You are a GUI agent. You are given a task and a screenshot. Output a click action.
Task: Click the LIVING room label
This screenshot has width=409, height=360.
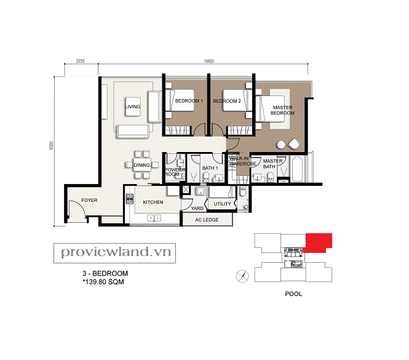click(x=132, y=106)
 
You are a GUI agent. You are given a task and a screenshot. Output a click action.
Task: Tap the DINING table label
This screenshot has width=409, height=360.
click(x=141, y=165)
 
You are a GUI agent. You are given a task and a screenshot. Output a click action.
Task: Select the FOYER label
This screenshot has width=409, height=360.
click(x=89, y=200)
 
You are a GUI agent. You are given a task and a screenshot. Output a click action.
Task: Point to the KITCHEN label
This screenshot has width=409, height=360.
click(x=153, y=202)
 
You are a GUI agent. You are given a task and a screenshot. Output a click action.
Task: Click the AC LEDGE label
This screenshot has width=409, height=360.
click(x=207, y=220)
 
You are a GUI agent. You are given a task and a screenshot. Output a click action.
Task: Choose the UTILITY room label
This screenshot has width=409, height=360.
click(x=222, y=204)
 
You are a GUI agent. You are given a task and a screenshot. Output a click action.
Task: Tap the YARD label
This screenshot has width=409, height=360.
click(x=197, y=208)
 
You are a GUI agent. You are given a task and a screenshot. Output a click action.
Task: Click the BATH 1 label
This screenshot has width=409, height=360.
click(x=210, y=168)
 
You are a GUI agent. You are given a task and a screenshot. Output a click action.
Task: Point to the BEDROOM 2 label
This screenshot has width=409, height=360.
click(x=227, y=101)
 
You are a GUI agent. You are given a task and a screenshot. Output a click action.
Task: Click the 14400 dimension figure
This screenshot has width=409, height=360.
click(x=209, y=61)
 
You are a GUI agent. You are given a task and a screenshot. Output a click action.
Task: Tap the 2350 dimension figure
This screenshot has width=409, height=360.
click(x=80, y=61)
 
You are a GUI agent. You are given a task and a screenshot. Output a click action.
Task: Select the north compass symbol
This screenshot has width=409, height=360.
click(x=242, y=276)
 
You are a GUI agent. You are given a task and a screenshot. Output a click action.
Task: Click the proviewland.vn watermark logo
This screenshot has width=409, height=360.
click(x=115, y=253)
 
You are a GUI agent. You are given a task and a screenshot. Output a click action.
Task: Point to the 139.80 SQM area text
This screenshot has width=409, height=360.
click(x=103, y=282)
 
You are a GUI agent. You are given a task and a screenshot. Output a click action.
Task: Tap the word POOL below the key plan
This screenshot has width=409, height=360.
click(x=293, y=294)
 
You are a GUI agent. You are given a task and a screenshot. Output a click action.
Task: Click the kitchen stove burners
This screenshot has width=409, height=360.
click(x=129, y=199)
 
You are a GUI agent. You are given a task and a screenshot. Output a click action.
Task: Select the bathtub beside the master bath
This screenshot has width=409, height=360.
click(x=297, y=169)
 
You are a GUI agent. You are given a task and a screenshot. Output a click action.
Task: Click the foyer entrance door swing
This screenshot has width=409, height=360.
click(x=78, y=206)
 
